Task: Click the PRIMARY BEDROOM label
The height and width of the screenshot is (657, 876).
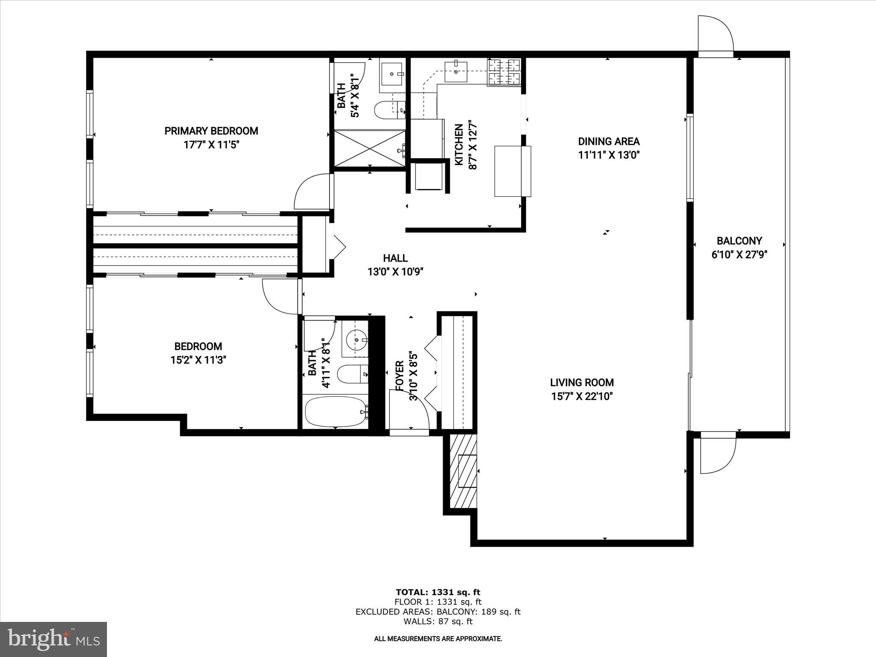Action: (211, 131)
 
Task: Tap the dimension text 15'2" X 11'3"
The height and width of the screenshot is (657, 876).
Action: (198, 360)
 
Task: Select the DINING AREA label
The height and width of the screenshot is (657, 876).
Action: (609, 142)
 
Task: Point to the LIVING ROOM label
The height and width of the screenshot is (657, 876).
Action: (582, 383)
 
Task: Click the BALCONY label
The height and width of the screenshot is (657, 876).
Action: (739, 241)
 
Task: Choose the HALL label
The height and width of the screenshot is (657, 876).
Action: (395, 258)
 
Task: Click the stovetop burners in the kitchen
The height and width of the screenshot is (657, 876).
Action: (504, 72)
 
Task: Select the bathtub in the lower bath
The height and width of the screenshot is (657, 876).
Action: (336, 411)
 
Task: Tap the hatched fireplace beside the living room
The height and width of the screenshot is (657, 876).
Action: (463, 471)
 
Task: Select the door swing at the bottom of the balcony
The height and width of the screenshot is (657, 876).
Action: (717, 453)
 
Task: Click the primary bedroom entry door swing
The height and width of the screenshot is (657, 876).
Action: (311, 192)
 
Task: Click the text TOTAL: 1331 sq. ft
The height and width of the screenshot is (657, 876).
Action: (438, 592)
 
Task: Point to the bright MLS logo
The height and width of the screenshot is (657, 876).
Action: (53, 639)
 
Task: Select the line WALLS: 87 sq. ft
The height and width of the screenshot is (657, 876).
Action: (438, 622)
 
